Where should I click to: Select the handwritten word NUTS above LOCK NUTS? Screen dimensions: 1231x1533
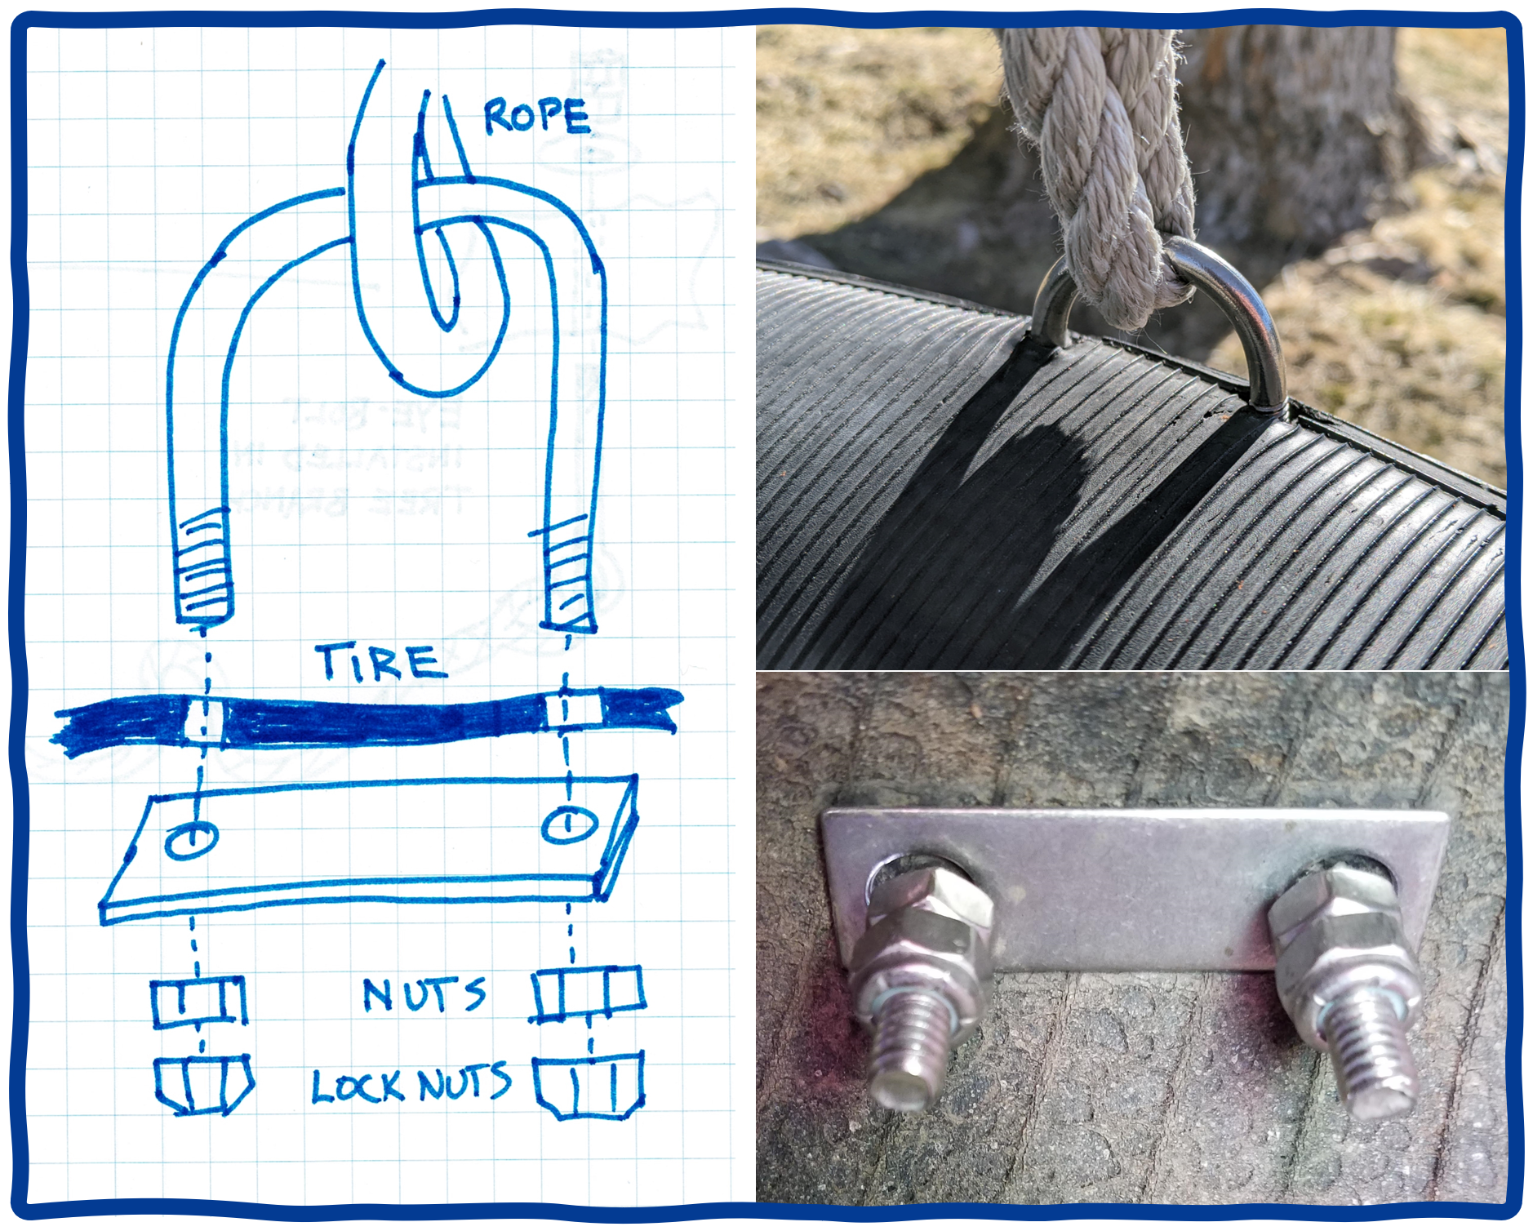(x=424, y=994)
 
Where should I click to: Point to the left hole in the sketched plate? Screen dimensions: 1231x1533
(x=192, y=839)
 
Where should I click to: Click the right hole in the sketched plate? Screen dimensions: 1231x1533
(x=569, y=824)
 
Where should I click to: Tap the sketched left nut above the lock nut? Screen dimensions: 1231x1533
(x=199, y=1002)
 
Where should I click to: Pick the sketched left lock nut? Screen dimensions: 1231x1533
(x=204, y=1085)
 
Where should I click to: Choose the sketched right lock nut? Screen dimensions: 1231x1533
(x=589, y=1085)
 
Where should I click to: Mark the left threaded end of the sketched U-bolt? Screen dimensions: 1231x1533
(x=202, y=565)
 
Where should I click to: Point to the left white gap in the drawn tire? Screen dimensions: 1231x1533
(x=203, y=720)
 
